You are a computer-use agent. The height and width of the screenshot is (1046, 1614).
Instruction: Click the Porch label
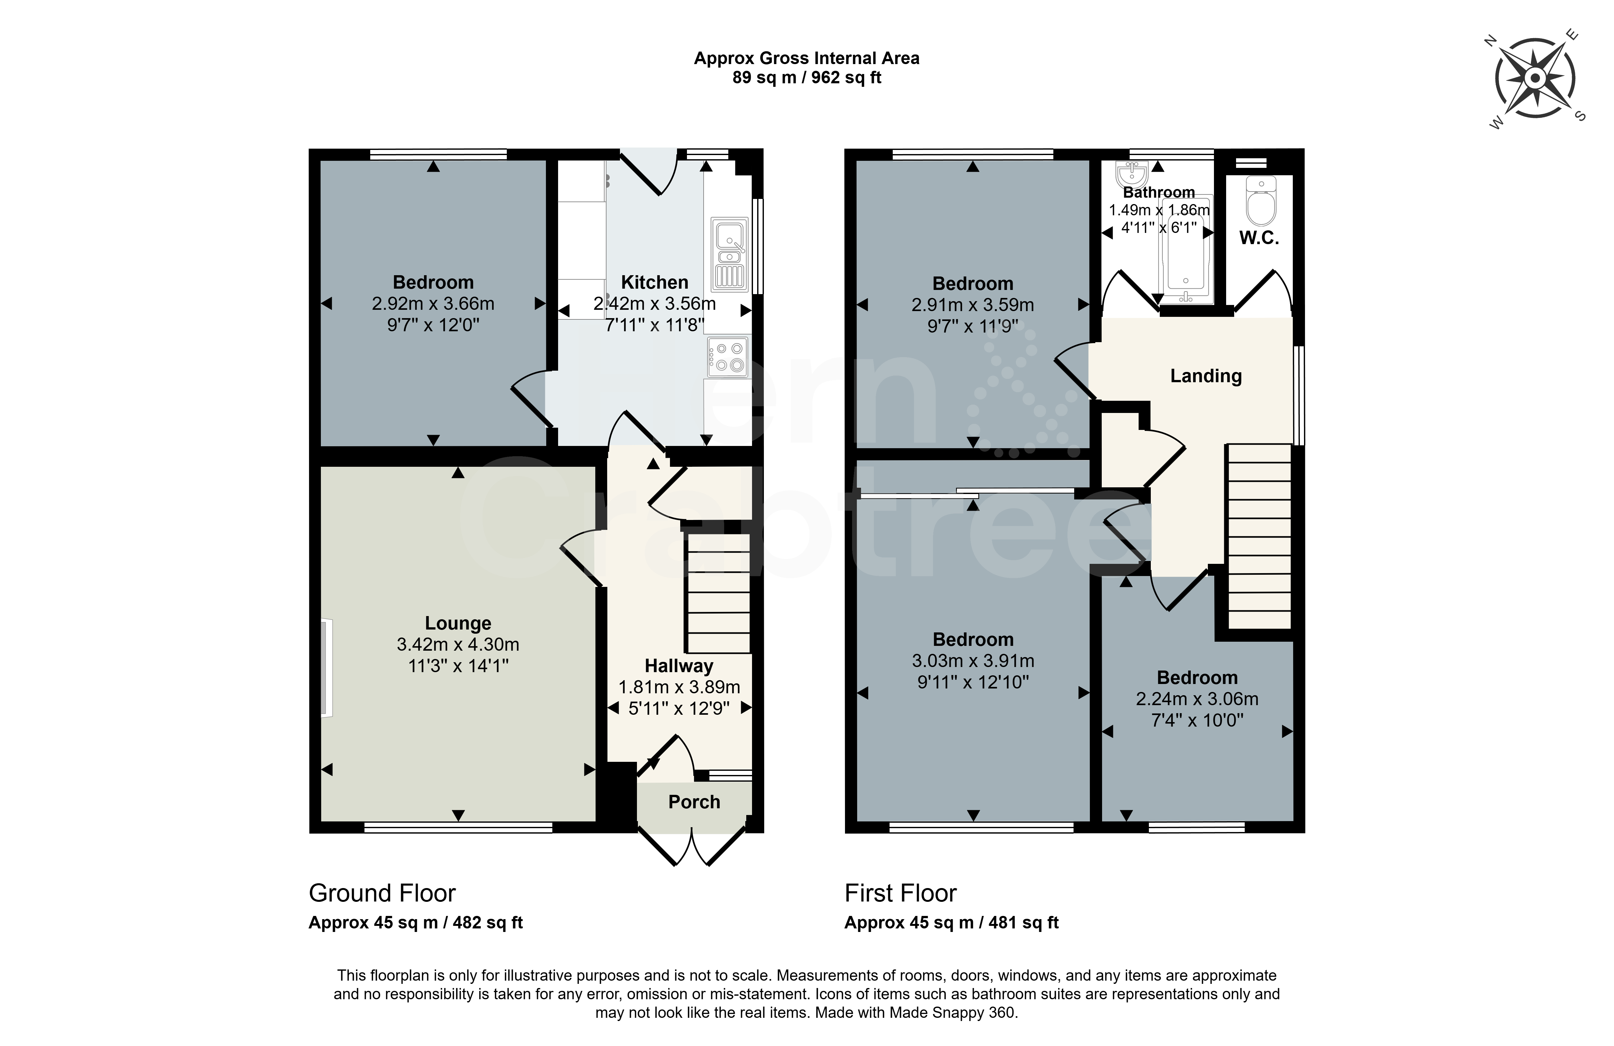click(694, 802)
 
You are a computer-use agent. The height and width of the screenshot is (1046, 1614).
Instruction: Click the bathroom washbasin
click(1131, 173)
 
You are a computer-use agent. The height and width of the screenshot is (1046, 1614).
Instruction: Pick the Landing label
click(1206, 376)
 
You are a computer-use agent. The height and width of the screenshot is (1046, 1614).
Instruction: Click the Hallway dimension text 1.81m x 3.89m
click(679, 688)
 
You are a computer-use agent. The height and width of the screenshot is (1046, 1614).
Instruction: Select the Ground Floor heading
click(382, 894)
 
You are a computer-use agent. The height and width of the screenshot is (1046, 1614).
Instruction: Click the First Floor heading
click(900, 894)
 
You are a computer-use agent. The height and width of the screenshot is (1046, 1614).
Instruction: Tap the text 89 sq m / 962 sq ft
click(806, 78)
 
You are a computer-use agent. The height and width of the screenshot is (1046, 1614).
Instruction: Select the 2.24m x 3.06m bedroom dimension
click(1197, 699)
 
